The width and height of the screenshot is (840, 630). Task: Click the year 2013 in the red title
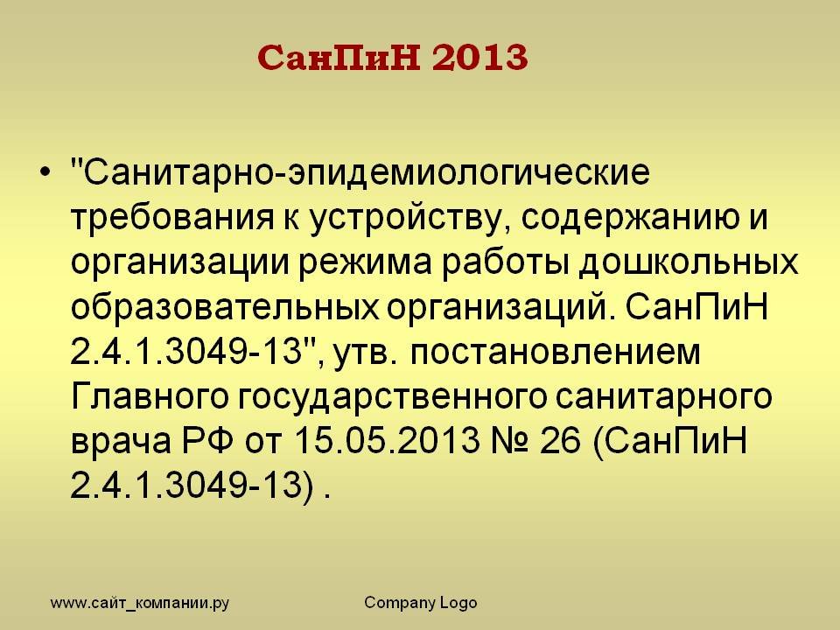pyautogui.click(x=480, y=58)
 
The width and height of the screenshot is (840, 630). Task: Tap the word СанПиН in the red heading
pyautogui.click(x=339, y=58)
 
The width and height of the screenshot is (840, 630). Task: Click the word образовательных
pyautogui.click(x=225, y=307)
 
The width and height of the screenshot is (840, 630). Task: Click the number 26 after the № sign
pyautogui.click(x=560, y=441)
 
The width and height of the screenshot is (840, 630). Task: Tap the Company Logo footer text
pyautogui.click(x=421, y=603)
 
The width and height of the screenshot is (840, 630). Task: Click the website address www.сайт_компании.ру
pyautogui.click(x=140, y=603)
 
